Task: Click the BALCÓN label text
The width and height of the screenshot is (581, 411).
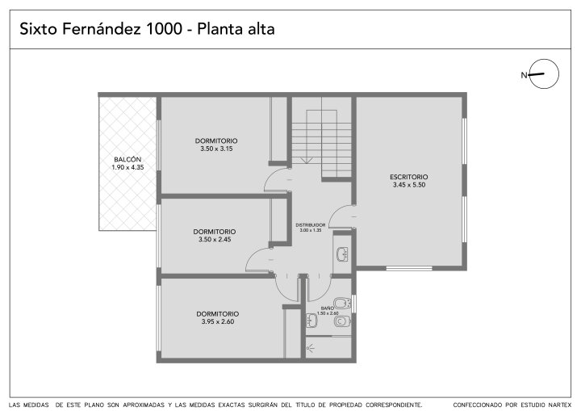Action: point(127,160)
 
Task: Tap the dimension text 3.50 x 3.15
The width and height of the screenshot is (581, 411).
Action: point(216,149)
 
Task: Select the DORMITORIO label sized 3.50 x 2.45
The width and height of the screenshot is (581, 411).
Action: point(214,232)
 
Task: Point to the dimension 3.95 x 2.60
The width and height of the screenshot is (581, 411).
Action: point(218,321)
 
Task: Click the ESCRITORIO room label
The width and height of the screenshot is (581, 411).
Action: point(408,177)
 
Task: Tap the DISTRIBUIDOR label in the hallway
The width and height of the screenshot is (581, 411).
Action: point(311,225)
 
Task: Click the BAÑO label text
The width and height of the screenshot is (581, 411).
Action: point(327,308)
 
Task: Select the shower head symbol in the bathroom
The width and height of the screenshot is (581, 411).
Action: point(311,348)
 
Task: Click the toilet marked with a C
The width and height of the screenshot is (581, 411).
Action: point(341,321)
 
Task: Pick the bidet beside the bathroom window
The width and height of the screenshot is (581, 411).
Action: point(342,303)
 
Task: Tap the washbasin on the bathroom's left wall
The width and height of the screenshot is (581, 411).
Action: point(311,320)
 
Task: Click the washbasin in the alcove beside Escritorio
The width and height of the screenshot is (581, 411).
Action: point(342,254)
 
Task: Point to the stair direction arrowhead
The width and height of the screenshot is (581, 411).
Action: point(306,160)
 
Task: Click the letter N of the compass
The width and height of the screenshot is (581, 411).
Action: point(524,75)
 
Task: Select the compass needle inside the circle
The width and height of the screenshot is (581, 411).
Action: point(536,74)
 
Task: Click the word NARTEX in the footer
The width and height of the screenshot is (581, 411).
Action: point(559,405)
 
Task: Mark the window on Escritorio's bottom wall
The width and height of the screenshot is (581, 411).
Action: point(408,268)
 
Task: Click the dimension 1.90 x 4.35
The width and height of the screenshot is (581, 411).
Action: point(127,167)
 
